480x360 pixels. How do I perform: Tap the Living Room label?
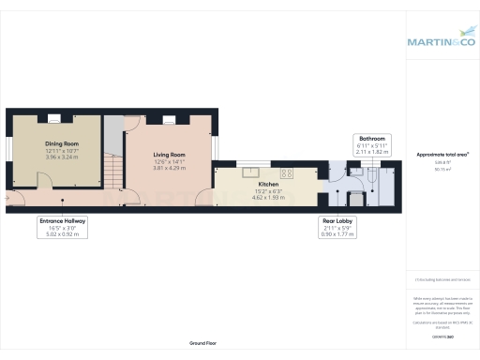tap(170, 155)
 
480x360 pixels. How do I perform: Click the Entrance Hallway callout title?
tap(63, 221)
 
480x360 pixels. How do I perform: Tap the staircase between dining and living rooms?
tap(112, 172)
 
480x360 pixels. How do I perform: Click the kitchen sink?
tap(250, 172)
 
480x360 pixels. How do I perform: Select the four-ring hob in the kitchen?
tap(287, 172)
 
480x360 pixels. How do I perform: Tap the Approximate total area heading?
tap(442, 153)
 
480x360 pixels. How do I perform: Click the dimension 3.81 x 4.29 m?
tap(170, 167)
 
